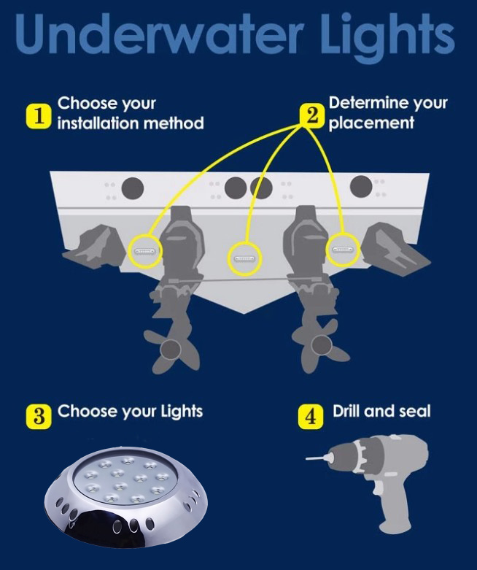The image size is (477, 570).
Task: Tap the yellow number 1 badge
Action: click(x=38, y=116)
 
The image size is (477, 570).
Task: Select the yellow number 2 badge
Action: click(x=311, y=116)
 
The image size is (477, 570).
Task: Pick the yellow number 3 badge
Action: click(x=39, y=417)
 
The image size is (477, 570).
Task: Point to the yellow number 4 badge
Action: click(x=311, y=417)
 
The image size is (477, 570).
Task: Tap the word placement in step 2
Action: click(x=371, y=123)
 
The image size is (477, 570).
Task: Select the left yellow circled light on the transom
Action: click(x=145, y=251)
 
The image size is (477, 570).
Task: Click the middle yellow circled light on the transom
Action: click(x=245, y=259)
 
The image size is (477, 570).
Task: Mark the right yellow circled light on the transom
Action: click(x=343, y=250)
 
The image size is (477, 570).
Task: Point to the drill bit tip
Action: click(x=307, y=459)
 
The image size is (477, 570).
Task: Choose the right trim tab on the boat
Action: click(x=397, y=248)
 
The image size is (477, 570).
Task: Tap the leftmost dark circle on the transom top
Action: click(x=132, y=189)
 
